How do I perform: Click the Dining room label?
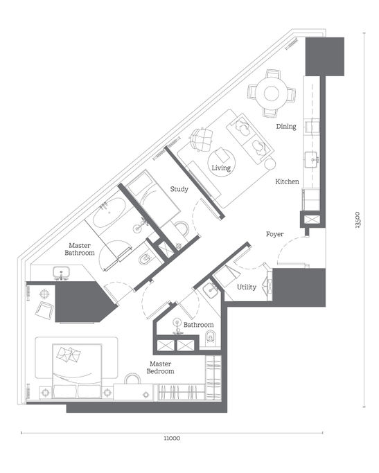(286, 127)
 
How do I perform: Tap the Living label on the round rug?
(221, 168)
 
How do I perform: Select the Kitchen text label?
(287, 181)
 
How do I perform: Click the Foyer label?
(275, 234)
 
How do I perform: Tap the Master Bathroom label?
(80, 249)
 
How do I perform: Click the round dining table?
(270, 93)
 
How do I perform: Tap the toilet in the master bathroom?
(144, 260)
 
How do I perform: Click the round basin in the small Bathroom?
(178, 323)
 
